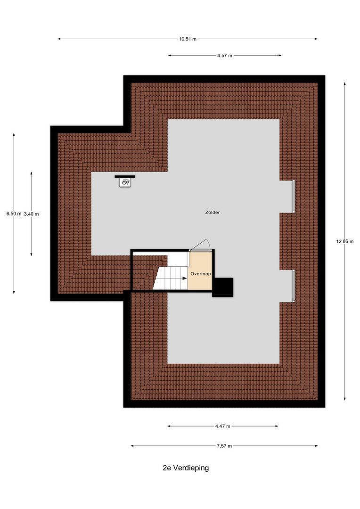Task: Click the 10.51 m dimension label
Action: [188, 39]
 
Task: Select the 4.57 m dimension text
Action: [225, 56]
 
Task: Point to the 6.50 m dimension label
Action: [14, 213]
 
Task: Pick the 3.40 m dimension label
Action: [31, 213]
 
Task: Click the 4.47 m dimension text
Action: [222, 426]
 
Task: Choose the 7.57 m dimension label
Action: [224, 446]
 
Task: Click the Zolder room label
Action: [212, 213]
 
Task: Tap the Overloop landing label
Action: [200, 273]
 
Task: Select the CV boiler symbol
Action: [125, 182]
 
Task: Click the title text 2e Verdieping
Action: [182, 468]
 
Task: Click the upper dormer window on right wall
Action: [294, 197]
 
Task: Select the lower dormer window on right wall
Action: [294, 286]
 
